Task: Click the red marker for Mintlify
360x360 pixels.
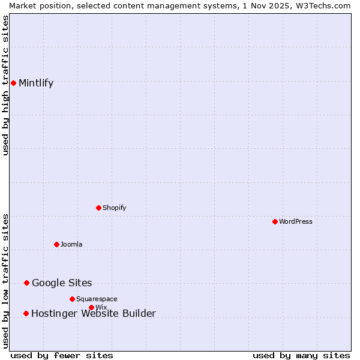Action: (13, 83)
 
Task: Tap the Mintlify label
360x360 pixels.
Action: (36, 83)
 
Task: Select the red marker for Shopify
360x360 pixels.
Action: (98, 208)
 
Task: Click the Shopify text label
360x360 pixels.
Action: (114, 208)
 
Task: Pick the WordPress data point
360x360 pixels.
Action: (275, 221)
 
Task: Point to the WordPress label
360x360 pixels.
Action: (295, 222)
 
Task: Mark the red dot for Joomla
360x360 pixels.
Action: (56, 244)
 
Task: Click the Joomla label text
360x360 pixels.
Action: (71, 245)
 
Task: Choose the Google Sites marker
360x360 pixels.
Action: (26, 283)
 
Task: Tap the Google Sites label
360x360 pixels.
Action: (62, 283)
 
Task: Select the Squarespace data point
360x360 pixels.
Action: (72, 299)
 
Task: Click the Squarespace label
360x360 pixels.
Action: (97, 299)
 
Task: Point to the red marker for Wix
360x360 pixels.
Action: (91, 307)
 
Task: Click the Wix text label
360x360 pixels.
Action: (101, 308)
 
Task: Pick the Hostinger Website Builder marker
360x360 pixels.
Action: (26, 313)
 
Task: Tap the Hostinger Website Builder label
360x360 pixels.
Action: (93, 314)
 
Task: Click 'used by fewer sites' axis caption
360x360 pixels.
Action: (62, 355)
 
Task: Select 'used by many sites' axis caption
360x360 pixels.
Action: (301, 355)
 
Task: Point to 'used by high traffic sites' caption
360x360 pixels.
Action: (5, 85)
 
